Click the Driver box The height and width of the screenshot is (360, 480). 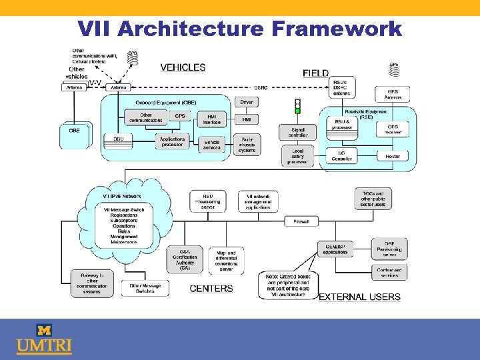tap(247, 103)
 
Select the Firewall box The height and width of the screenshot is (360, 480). tap(301, 221)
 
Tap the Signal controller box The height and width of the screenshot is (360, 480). tap(298, 133)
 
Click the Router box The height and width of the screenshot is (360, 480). tap(393, 156)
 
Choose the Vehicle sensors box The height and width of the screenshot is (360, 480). tap(212, 145)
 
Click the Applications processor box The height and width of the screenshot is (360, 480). tap(172, 142)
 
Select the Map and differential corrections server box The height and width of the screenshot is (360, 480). tap(226, 261)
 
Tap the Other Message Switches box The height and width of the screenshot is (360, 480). tap(145, 289)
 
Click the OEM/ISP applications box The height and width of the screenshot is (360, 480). tap(335, 249)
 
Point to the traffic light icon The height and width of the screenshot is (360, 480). tap(297, 106)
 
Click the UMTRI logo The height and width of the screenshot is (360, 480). tap(44, 339)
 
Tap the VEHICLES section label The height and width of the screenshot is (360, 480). tap(183, 67)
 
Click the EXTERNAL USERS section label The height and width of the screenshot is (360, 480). tap(360, 297)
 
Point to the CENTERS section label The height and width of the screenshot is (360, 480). tap(211, 289)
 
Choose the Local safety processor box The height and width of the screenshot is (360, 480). tap(297, 156)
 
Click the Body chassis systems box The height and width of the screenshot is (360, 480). tap(247, 145)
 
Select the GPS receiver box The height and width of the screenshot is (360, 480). tap(393, 129)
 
